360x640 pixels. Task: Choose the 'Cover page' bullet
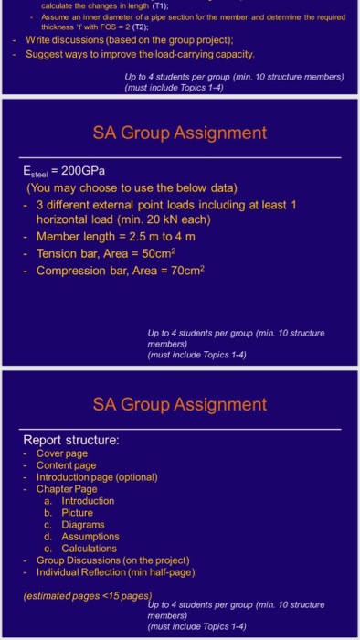[x=62, y=453]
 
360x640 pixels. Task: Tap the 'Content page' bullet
[x=66, y=465]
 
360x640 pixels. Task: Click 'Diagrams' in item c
[x=83, y=524]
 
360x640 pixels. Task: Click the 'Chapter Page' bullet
[x=67, y=489]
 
